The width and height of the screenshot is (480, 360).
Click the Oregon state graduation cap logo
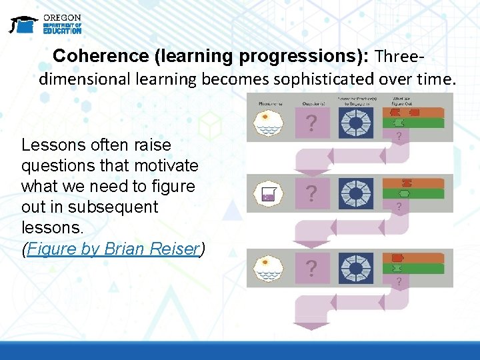click(23, 25)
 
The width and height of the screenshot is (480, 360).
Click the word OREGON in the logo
click(62, 17)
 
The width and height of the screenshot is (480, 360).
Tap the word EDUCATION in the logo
click(62, 31)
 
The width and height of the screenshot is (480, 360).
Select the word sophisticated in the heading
click(313, 79)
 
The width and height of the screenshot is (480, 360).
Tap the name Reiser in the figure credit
click(177, 249)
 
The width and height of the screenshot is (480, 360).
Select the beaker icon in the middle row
click(269, 194)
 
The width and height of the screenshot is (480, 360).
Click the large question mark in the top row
click(311, 123)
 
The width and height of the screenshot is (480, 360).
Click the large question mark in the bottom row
click(311, 268)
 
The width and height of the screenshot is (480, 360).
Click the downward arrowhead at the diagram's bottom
click(307, 326)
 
